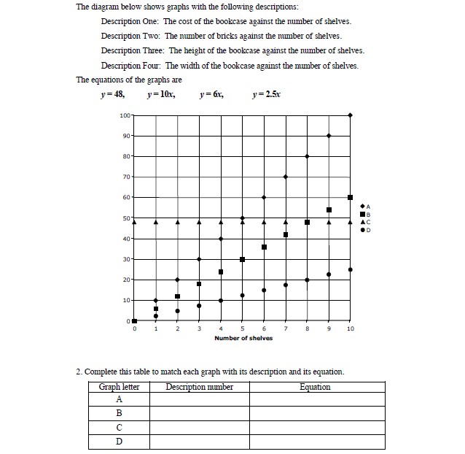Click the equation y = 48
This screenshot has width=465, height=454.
[113, 95]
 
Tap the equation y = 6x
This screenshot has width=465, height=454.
[211, 95]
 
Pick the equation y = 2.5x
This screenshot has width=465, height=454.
[265, 95]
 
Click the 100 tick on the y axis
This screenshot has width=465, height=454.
[125, 115]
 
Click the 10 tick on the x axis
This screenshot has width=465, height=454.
[351, 329]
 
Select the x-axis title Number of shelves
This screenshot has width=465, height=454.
[243, 338]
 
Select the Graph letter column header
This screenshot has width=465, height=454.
[119, 387]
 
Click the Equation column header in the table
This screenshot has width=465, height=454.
[315, 387]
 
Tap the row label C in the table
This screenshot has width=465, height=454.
[119, 428]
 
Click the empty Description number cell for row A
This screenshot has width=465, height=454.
[199, 400]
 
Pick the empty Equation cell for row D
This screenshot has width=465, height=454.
[316, 442]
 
